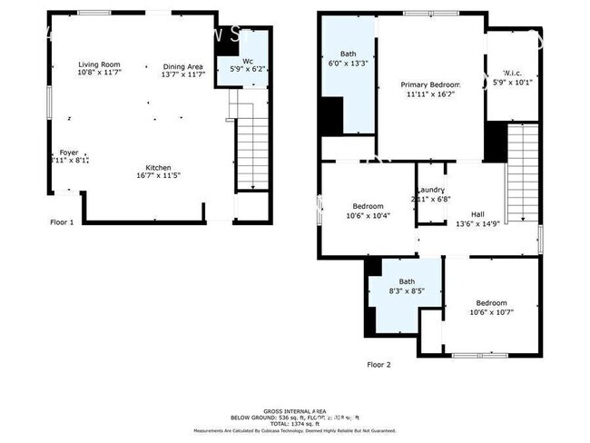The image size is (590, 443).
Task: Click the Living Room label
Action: click(100, 65)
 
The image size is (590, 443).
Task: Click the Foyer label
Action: click(69, 152)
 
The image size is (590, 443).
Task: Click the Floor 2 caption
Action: click(379, 364)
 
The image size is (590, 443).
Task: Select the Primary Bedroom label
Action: click(430, 84)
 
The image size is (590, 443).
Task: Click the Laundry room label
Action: click(430, 190)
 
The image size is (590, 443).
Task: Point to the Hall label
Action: click(477, 214)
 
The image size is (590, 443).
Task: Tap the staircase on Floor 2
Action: click(522, 172)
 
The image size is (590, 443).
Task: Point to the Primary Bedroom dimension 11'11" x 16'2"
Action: click(430, 94)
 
